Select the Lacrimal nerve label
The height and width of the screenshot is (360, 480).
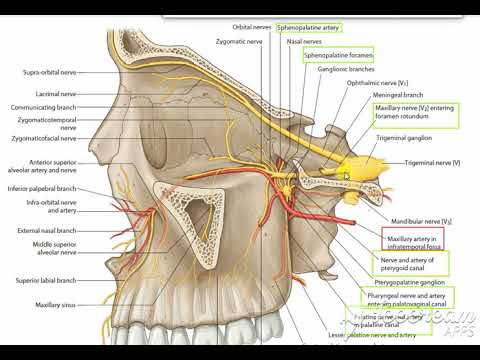click(x=57, y=93)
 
